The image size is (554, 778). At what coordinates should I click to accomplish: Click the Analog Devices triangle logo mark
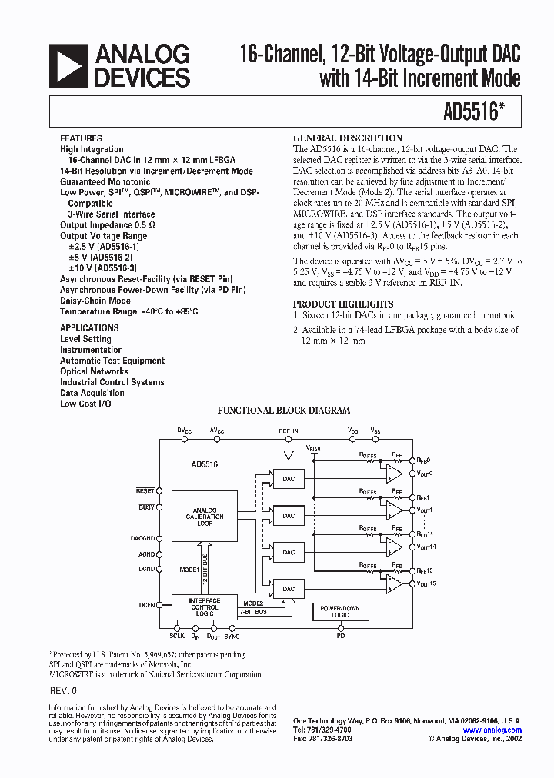click(68, 65)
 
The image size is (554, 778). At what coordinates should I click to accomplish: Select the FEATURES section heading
click(81, 138)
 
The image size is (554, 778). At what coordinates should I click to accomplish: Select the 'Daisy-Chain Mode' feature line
click(95, 301)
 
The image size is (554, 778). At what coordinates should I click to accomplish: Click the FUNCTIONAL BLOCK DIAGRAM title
click(284, 411)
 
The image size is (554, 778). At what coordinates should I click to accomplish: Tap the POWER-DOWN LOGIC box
click(339, 611)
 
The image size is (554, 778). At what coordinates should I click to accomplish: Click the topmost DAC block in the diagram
click(289, 479)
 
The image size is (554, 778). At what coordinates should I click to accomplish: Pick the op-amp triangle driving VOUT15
click(395, 583)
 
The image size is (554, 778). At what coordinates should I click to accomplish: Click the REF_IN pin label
click(289, 431)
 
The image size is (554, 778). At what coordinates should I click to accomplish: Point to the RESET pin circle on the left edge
click(159, 490)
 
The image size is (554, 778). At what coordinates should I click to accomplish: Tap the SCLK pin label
click(177, 637)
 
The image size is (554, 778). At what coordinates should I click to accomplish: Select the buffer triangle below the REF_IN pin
click(289, 456)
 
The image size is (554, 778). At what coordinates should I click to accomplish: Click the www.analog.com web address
click(492, 730)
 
